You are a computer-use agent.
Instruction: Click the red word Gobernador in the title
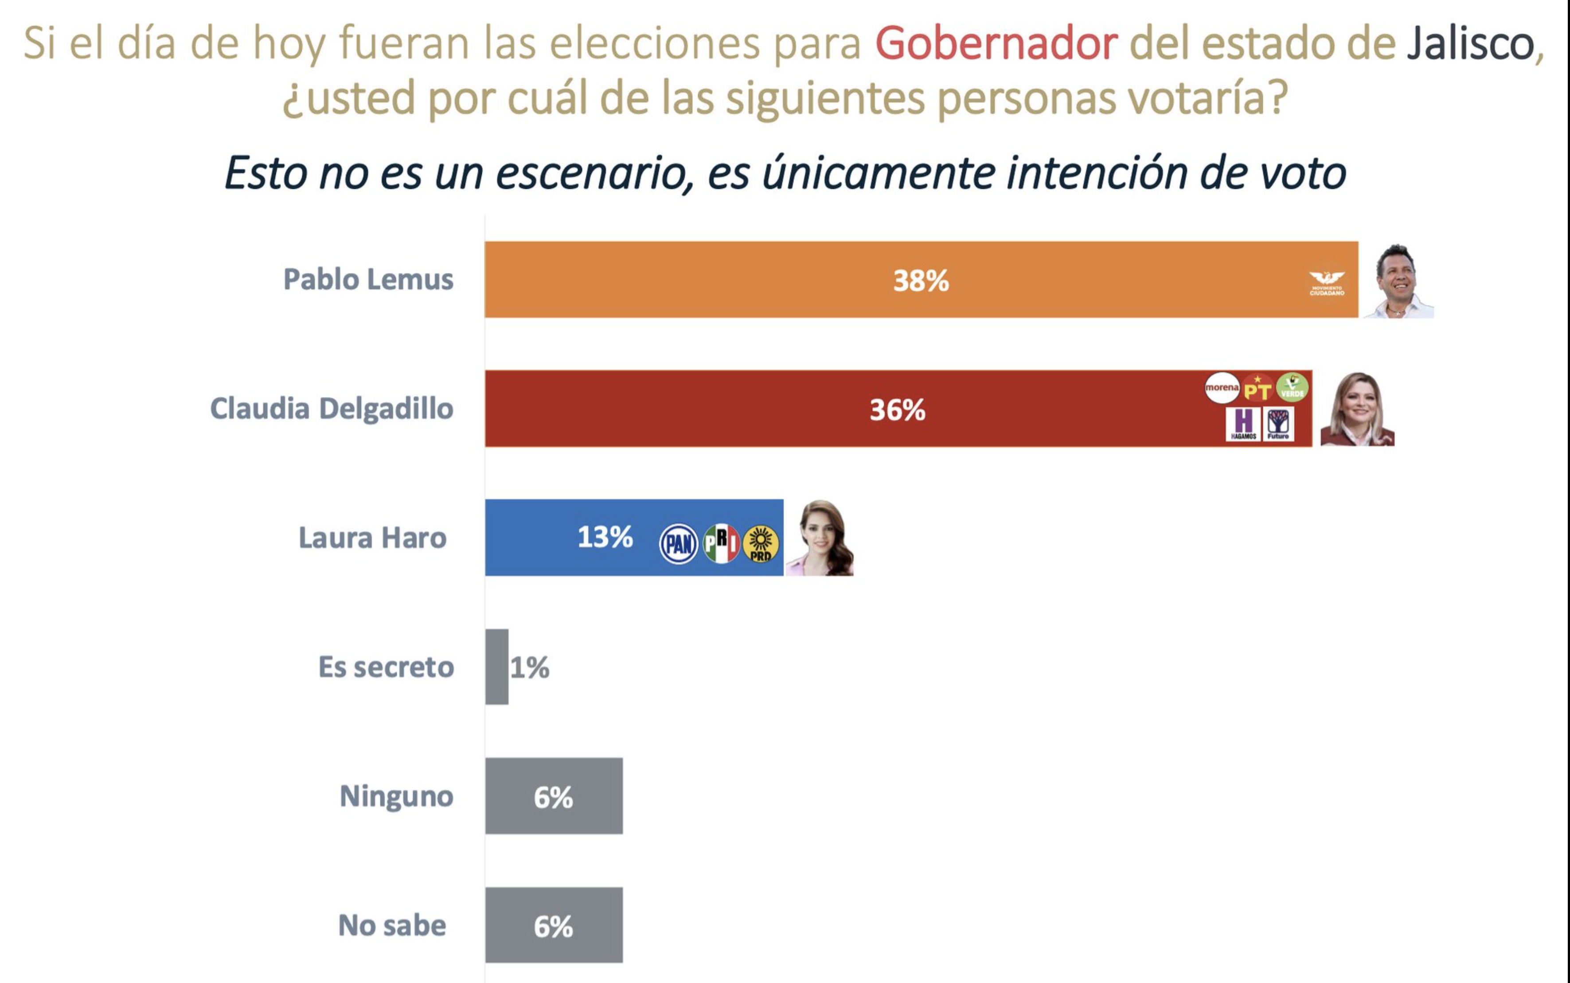996,43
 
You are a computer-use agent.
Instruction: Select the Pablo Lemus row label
368,280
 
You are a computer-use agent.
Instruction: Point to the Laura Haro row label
372,538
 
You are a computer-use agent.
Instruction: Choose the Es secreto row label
386,667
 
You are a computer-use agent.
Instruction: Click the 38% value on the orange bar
921,280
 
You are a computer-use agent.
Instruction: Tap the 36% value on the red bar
897,410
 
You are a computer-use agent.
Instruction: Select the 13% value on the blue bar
605,537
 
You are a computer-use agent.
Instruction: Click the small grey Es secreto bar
497,667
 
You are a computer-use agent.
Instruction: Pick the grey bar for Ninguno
553,796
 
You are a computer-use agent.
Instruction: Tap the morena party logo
1222,388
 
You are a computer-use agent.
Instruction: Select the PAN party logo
679,543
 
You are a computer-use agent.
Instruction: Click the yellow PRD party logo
761,543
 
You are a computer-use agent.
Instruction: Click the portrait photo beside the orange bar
1398,281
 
